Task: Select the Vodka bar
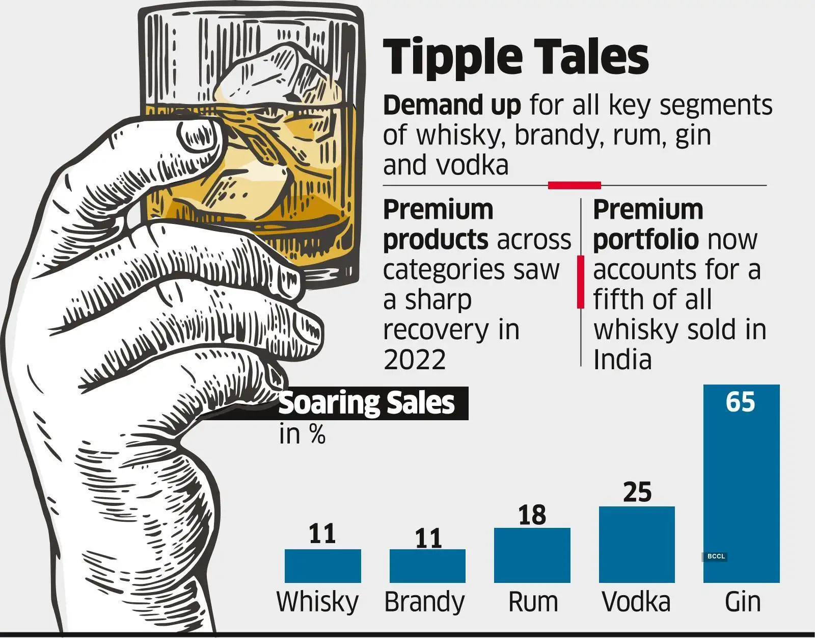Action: (637, 545)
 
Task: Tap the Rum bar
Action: (532, 555)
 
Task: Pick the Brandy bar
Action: (427, 566)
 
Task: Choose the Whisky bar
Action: (322, 566)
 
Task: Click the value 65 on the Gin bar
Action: (740, 402)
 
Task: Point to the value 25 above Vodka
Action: (637, 492)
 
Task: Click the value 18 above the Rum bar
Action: (532, 515)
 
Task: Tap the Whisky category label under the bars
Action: (318, 602)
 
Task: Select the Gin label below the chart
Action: (743, 602)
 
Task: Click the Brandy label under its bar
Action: (424, 602)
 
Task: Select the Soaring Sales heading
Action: (367, 403)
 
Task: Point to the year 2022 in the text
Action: (415, 360)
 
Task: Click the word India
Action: (622, 360)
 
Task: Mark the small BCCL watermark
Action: (716, 556)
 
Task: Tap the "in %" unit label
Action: (302, 435)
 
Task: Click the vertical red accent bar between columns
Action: (580, 283)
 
